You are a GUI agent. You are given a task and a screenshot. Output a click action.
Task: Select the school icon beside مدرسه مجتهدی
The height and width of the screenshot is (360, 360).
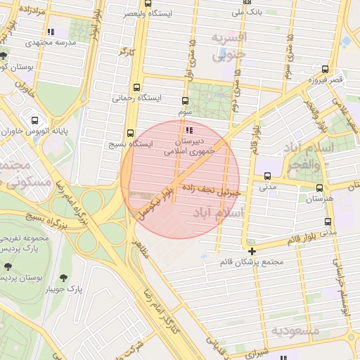[x=49, y=32]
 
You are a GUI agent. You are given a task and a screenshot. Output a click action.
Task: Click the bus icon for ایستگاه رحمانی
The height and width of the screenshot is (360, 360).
[x=134, y=89]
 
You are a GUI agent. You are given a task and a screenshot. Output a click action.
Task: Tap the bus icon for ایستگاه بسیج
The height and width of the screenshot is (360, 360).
[x=130, y=133]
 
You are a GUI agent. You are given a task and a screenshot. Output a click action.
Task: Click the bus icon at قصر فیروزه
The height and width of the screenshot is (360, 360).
[x=324, y=69]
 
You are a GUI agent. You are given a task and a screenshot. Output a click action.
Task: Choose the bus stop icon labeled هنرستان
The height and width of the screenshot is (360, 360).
[x=320, y=188]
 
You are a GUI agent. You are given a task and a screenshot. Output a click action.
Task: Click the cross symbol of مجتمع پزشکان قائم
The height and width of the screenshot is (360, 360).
[x=252, y=250]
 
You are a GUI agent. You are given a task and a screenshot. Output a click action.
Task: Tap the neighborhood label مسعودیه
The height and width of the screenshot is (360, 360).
[x=296, y=330]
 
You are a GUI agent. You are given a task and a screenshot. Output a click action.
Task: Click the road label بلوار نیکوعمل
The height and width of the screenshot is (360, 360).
[x=155, y=203]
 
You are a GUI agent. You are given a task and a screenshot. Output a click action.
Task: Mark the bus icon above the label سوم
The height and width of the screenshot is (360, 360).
[x=185, y=101]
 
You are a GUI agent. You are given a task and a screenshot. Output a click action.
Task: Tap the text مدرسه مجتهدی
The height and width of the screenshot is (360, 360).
[x=70, y=43]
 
